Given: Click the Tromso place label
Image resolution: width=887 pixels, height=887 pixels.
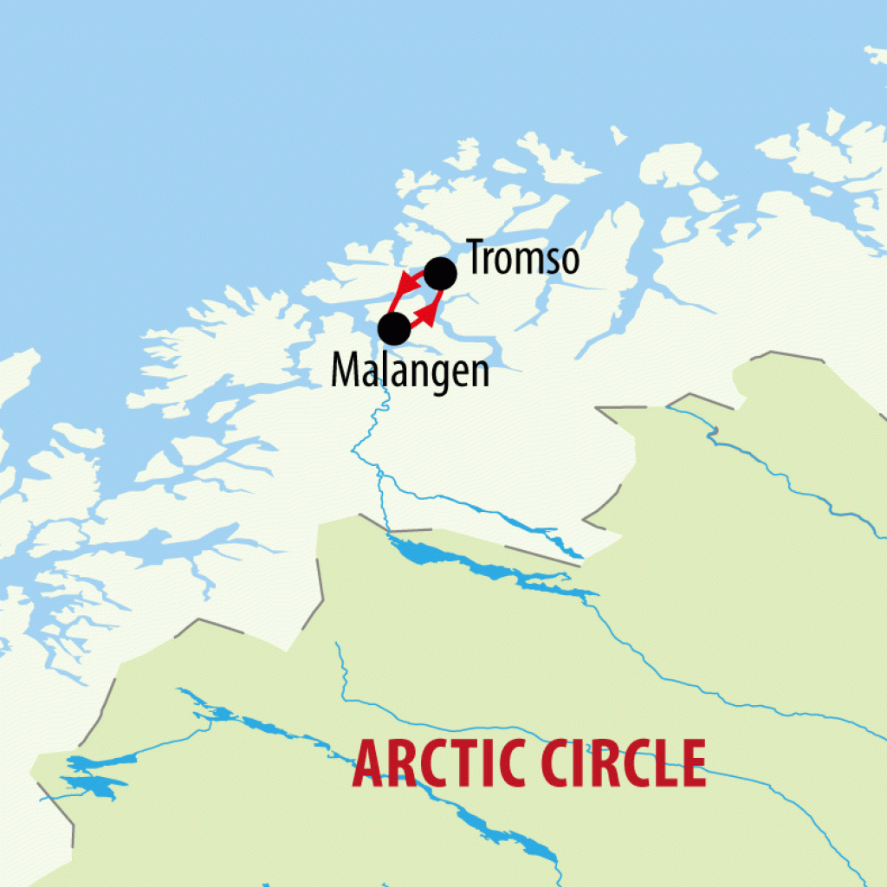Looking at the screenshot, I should coord(523,257).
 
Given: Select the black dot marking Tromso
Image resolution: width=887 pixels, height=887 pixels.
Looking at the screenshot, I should coord(440,273).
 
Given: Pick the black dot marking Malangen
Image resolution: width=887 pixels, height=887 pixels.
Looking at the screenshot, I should coord(394,328).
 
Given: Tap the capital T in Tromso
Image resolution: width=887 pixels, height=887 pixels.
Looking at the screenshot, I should coord(477,257).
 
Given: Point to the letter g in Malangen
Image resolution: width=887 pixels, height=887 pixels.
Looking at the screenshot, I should coord(438,374).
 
